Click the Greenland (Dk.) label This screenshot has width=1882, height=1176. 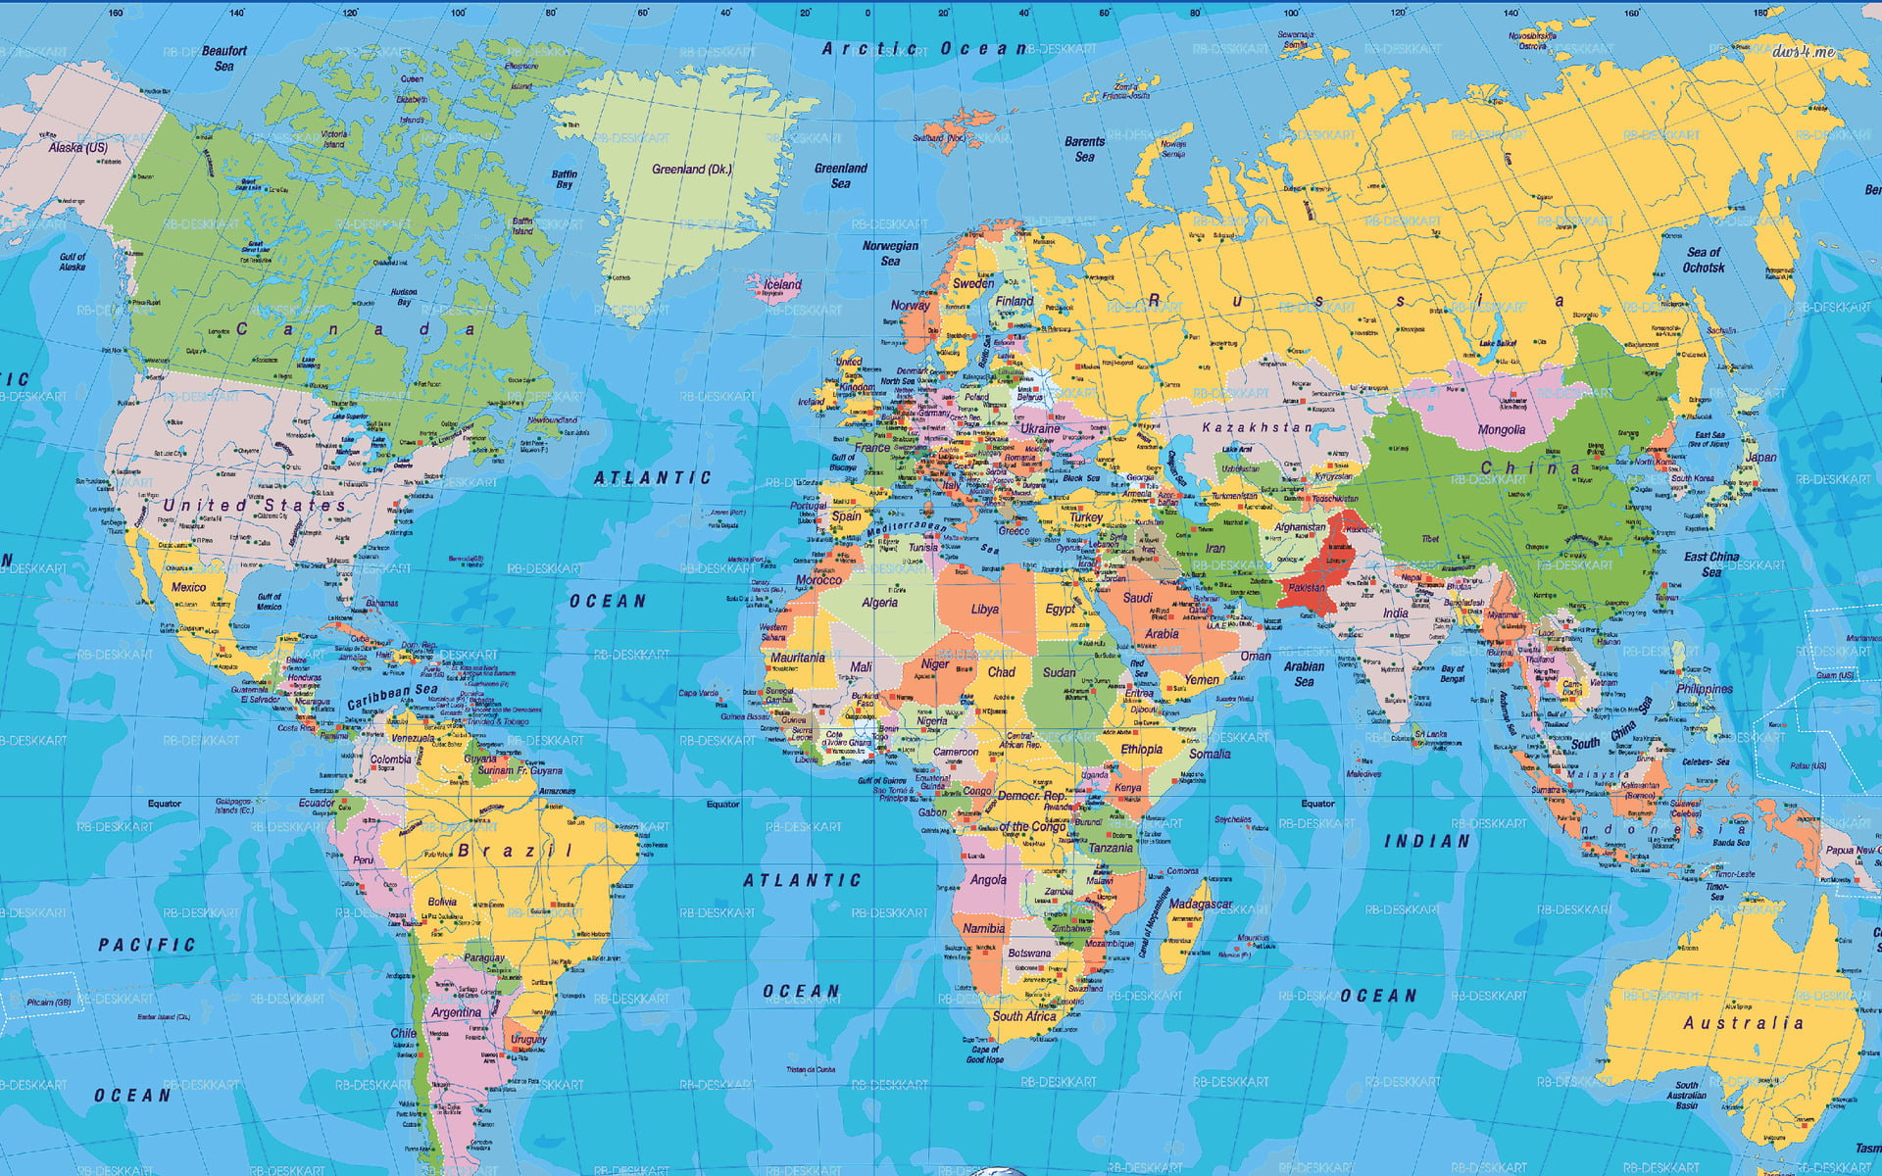point(692,170)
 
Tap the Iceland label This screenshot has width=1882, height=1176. point(782,285)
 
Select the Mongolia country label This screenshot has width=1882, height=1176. point(1501,430)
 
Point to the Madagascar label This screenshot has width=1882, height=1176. point(1201,905)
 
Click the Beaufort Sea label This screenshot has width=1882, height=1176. point(224,59)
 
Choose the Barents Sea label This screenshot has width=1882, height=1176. point(1084,149)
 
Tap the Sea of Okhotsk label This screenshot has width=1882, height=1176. point(1704,260)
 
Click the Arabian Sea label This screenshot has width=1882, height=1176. point(1304,674)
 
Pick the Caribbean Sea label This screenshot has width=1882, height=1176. point(392,696)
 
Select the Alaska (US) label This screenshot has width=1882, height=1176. point(78,148)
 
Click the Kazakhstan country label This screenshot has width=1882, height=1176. point(1257,428)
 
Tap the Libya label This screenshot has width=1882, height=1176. point(984,610)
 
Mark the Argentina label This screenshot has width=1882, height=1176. point(456,1012)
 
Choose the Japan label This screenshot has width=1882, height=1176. point(1760,458)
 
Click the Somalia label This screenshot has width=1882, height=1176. point(1210,754)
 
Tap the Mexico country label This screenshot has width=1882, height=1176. point(188,587)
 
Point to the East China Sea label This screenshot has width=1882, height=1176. point(1711,564)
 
